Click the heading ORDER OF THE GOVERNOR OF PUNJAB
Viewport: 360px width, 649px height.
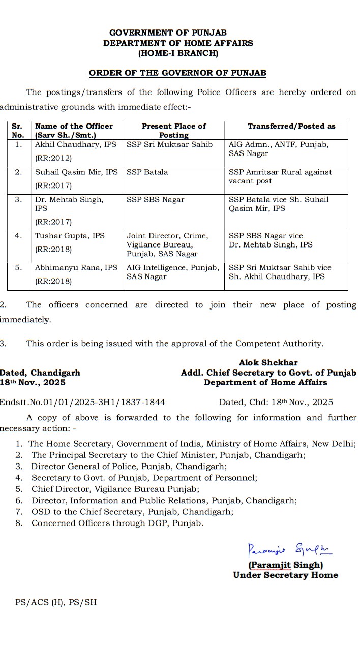pyautogui.click(x=177, y=73)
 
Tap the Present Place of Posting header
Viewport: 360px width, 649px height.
pyautogui.click(x=174, y=131)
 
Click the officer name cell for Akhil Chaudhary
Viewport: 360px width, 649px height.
pyautogui.click(x=76, y=151)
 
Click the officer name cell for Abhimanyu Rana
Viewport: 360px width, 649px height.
pyautogui.click(x=76, y=274)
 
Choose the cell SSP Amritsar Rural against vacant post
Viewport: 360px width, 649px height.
pyautogui.click(x=280, y=176)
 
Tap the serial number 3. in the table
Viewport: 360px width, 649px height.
pyautogui.click(x=18, y=200)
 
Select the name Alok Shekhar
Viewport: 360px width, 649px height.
pyautogui.click(x=268, y=363)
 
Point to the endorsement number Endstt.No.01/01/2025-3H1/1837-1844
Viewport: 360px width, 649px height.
pyautogui.click(x=82, y=402)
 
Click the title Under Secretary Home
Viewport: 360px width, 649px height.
pyautogui.click(x=285, y=575)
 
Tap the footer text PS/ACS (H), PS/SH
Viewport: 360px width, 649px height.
pyautogui.click(x=56, y=602)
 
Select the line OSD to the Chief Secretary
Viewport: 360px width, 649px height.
pyautogui.click(x=132, y=511)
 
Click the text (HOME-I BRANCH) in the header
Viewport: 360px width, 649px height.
pyautogui.click(x=178, y=53)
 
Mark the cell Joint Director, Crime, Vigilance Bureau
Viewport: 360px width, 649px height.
pyautogui.click(x=167, y=244)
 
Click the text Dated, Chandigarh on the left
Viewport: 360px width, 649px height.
pyautogui.click(x=40, y=373)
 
